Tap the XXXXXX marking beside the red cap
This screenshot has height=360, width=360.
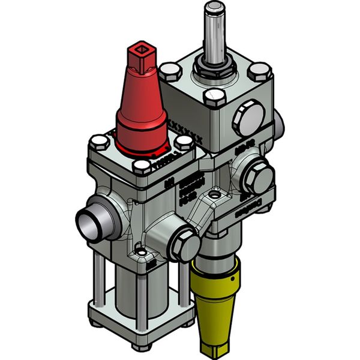tap(188, 131)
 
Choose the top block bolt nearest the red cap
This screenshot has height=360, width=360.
tap(172, 73)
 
